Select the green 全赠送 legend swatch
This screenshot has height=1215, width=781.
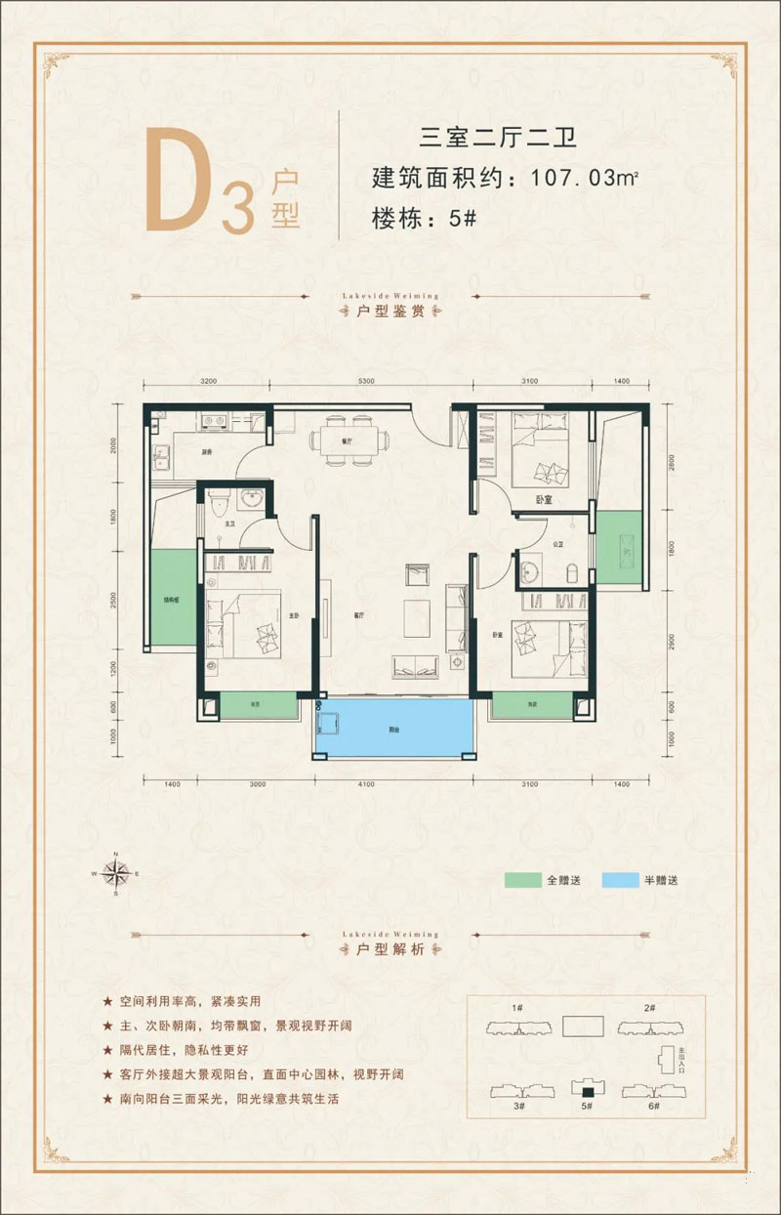[523, 880]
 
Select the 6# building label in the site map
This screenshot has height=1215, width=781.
[653, 1106]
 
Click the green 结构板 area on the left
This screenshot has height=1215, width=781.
[172, 596]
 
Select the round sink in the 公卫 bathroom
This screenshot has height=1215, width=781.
[533, 569]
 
